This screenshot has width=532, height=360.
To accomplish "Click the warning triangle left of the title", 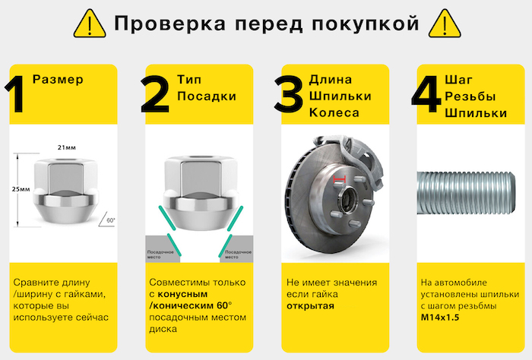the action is [90, 24].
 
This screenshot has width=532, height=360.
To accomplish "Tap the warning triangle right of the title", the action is [445, 24].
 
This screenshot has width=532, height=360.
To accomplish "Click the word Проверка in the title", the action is [170, 24].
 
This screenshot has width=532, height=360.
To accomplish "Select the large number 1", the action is [16, 94].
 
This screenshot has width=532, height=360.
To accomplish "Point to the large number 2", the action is [155, 94].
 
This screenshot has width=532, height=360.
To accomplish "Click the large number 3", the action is [289, 94].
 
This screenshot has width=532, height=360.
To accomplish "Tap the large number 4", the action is [426, 94].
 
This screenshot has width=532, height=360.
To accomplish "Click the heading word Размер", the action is [58, 80].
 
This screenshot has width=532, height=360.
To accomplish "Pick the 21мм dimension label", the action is [67, 147].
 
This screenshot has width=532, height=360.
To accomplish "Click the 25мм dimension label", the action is [21, 189].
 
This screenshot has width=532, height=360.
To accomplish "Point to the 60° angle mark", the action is [107, 220].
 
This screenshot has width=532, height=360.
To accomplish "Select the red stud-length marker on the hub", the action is [339, 179].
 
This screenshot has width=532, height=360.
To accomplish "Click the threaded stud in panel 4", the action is [466, 193].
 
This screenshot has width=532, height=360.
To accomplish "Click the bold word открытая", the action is [310, 306].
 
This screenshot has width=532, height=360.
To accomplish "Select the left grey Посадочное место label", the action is [160, 254].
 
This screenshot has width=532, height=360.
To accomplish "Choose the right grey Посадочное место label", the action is [238, 254].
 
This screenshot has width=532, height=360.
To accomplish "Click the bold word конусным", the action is [183, 294].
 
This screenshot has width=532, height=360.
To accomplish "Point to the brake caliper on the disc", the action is [359, 159].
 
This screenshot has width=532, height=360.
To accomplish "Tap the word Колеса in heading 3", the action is [334, 112].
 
